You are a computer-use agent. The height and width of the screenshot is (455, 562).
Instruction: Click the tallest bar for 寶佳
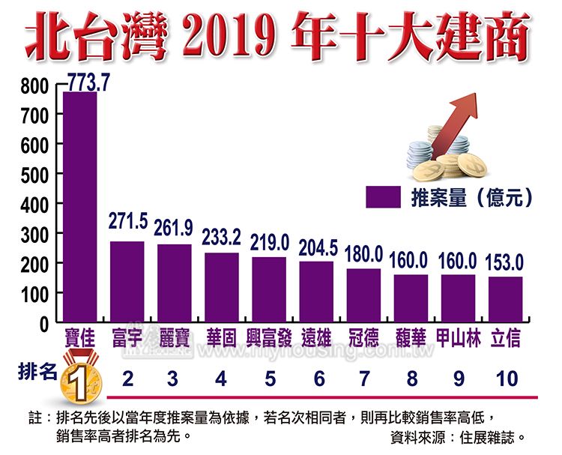coord(79,207)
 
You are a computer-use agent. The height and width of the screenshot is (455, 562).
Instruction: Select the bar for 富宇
coord(127,282)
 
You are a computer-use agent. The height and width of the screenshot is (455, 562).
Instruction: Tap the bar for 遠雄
coord(316,292)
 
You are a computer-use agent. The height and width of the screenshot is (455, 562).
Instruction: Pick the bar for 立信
coord(506,300)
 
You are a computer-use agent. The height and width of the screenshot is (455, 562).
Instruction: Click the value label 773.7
coord(88,82)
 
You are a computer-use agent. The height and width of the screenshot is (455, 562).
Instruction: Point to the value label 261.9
coord(173,226)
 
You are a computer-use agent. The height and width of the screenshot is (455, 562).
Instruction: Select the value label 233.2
coord(221,237)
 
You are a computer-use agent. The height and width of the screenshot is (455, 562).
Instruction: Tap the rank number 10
coord(507,378)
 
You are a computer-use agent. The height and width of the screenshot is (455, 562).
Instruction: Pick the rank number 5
coord(269,378)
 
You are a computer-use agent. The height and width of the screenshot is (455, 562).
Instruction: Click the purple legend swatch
coord(384,197)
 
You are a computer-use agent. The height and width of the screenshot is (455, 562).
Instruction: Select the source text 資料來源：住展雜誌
coord(458,436)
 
